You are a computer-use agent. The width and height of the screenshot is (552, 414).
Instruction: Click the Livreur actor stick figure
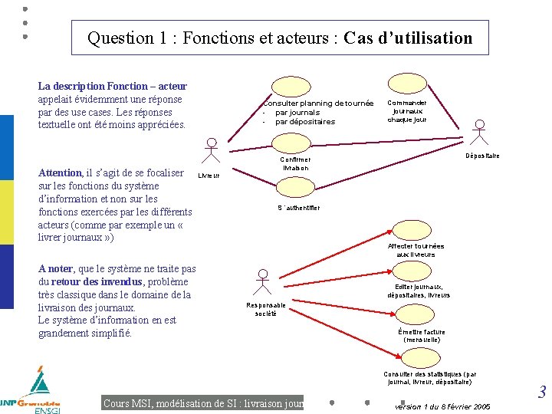(x=212, y=151)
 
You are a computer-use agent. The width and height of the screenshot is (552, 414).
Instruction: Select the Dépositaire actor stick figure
(x=480, y=133)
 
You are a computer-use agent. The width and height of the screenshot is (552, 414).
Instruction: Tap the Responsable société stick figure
(x=262, y=282)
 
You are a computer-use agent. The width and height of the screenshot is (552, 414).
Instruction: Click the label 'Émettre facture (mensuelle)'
(x=422, y=336)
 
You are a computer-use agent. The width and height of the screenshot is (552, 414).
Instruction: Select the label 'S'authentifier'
(x=298, y=208)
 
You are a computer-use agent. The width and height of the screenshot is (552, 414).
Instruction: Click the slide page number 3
(x=541, y=393)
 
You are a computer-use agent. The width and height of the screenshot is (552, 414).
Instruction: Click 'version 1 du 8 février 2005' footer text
(x=442, y=406)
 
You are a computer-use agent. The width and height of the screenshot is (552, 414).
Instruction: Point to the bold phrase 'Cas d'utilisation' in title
(x=409, y=38)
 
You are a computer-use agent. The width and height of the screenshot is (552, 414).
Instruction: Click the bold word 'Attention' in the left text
(x=60, y=173)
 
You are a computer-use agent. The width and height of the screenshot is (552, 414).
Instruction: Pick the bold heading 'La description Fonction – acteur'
(x=112, y=87)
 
